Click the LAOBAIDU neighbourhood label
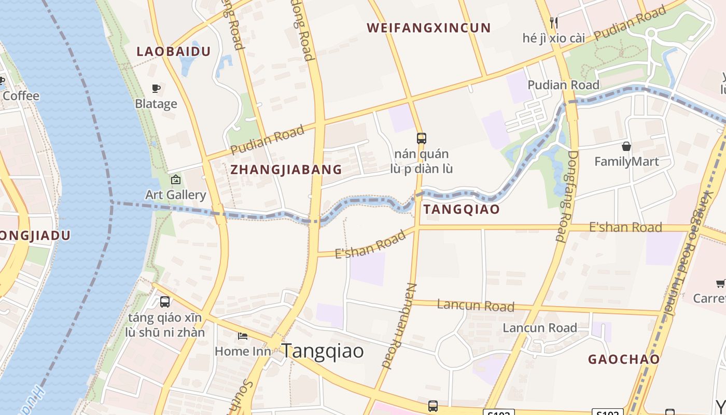[173, 51]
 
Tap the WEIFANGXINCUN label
[428, 28]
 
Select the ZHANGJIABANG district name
[286, 170]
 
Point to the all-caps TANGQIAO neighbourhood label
[461, 210]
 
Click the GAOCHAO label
[623, 359]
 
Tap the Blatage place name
[156, 104]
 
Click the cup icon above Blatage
[156, 89]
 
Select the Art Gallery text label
[176, 195]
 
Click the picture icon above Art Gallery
[176, 180]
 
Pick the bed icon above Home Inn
[243, 336]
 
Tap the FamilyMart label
[626, 162]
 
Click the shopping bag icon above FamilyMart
[626, 146]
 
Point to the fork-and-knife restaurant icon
[554, 22]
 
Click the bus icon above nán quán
[422, 139]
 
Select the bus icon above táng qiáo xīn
[165, 301]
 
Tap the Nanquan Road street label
[400, 326]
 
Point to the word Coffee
[21, 96]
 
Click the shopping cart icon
[720, 283]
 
